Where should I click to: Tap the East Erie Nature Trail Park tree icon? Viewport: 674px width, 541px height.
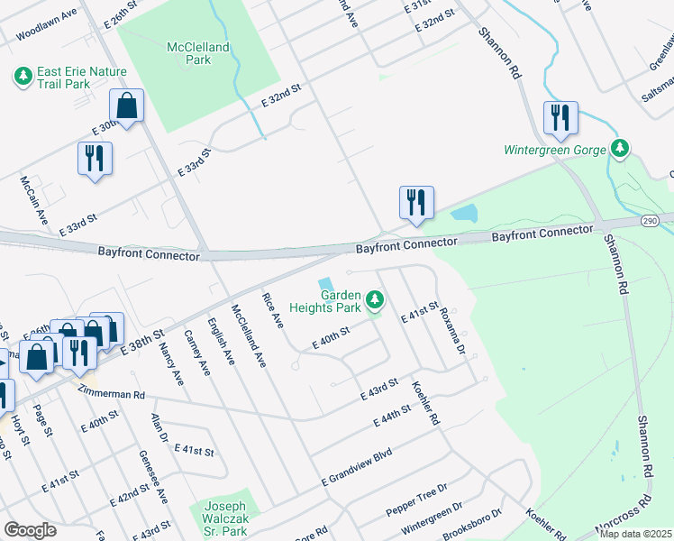(x=22, y=77)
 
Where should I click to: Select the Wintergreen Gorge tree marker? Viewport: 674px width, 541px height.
(x=619, y=147)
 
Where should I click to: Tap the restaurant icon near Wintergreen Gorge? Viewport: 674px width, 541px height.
(x=560, y=118)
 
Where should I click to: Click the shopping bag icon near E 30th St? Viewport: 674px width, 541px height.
(x=127, y=105)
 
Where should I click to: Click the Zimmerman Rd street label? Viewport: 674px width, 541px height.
(x=112, y=395)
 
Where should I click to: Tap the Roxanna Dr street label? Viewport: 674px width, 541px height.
(x=452, y=330)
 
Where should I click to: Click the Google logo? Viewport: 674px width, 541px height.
(x=30, y=529)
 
